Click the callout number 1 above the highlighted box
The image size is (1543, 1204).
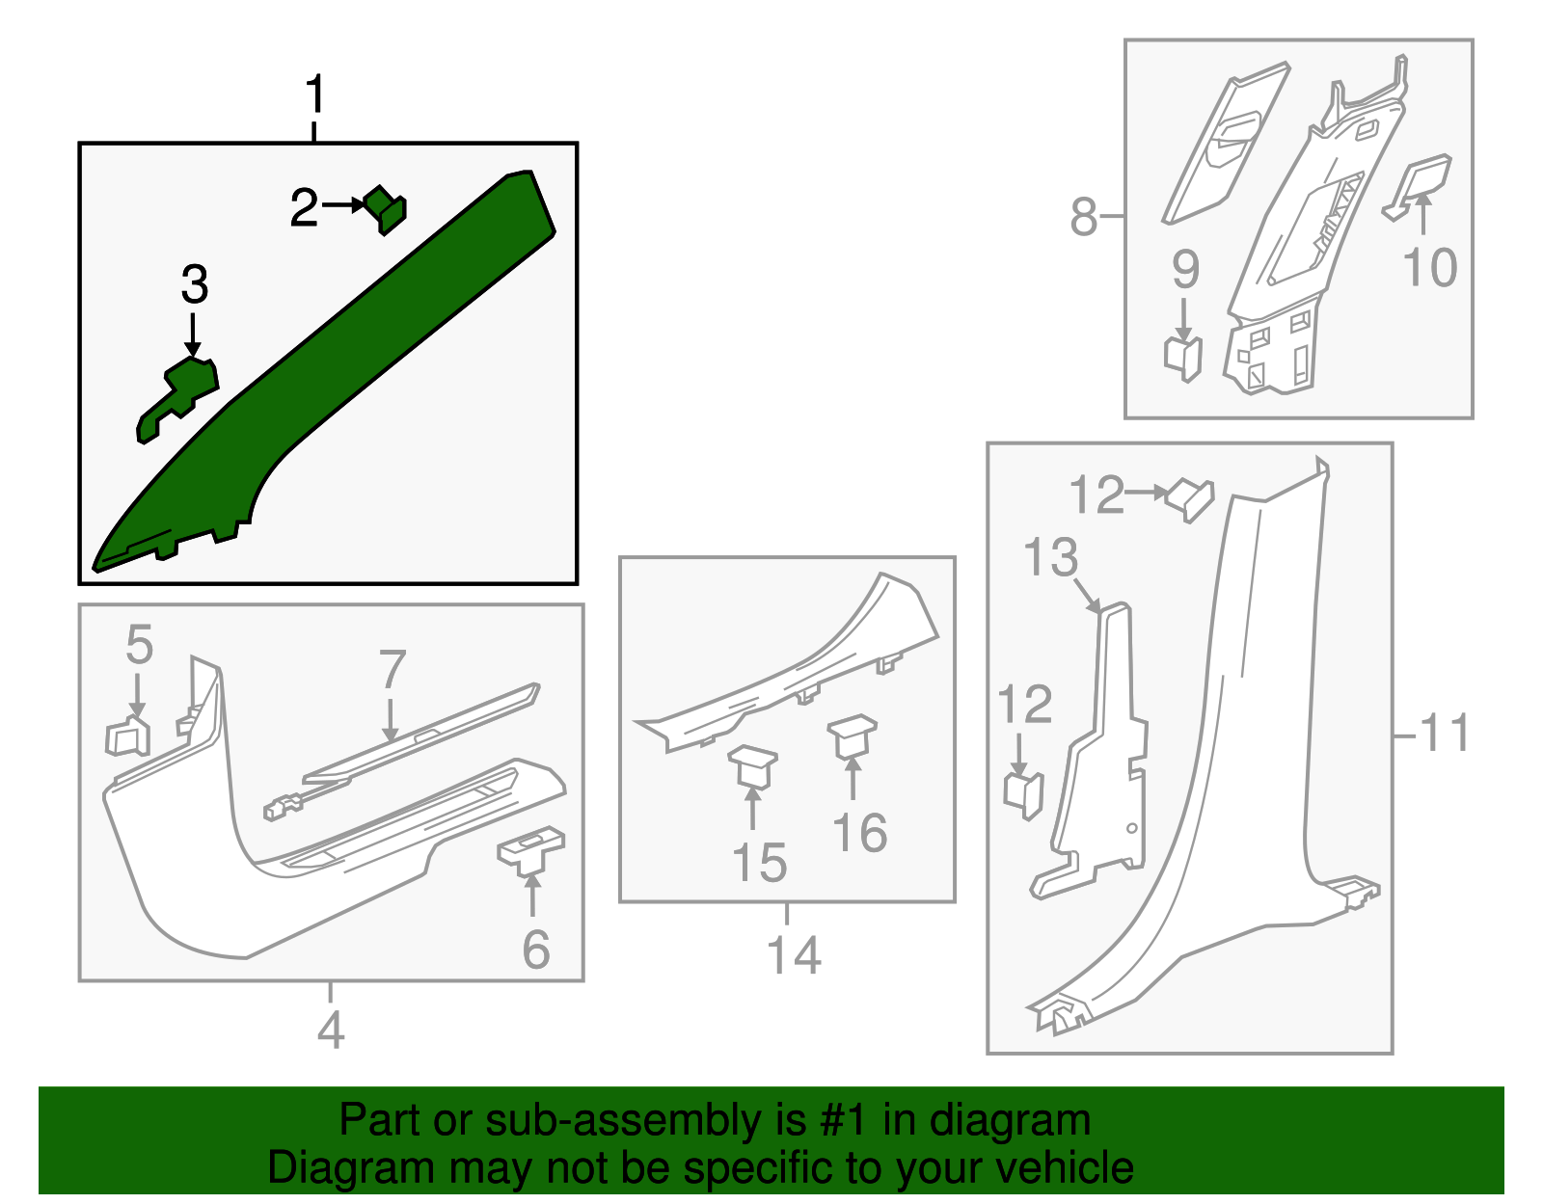click(314, 95)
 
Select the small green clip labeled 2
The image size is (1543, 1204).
click(387, 209)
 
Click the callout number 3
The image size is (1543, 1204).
click(194, 285)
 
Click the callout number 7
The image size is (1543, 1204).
click(392, 669)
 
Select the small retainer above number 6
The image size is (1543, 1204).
click(530, 848)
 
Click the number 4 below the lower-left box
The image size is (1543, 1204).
click(330, 1030)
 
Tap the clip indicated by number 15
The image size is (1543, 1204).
click(752, 767)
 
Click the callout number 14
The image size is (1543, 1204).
click(793, 955)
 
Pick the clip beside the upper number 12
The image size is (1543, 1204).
click(1189, 498)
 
